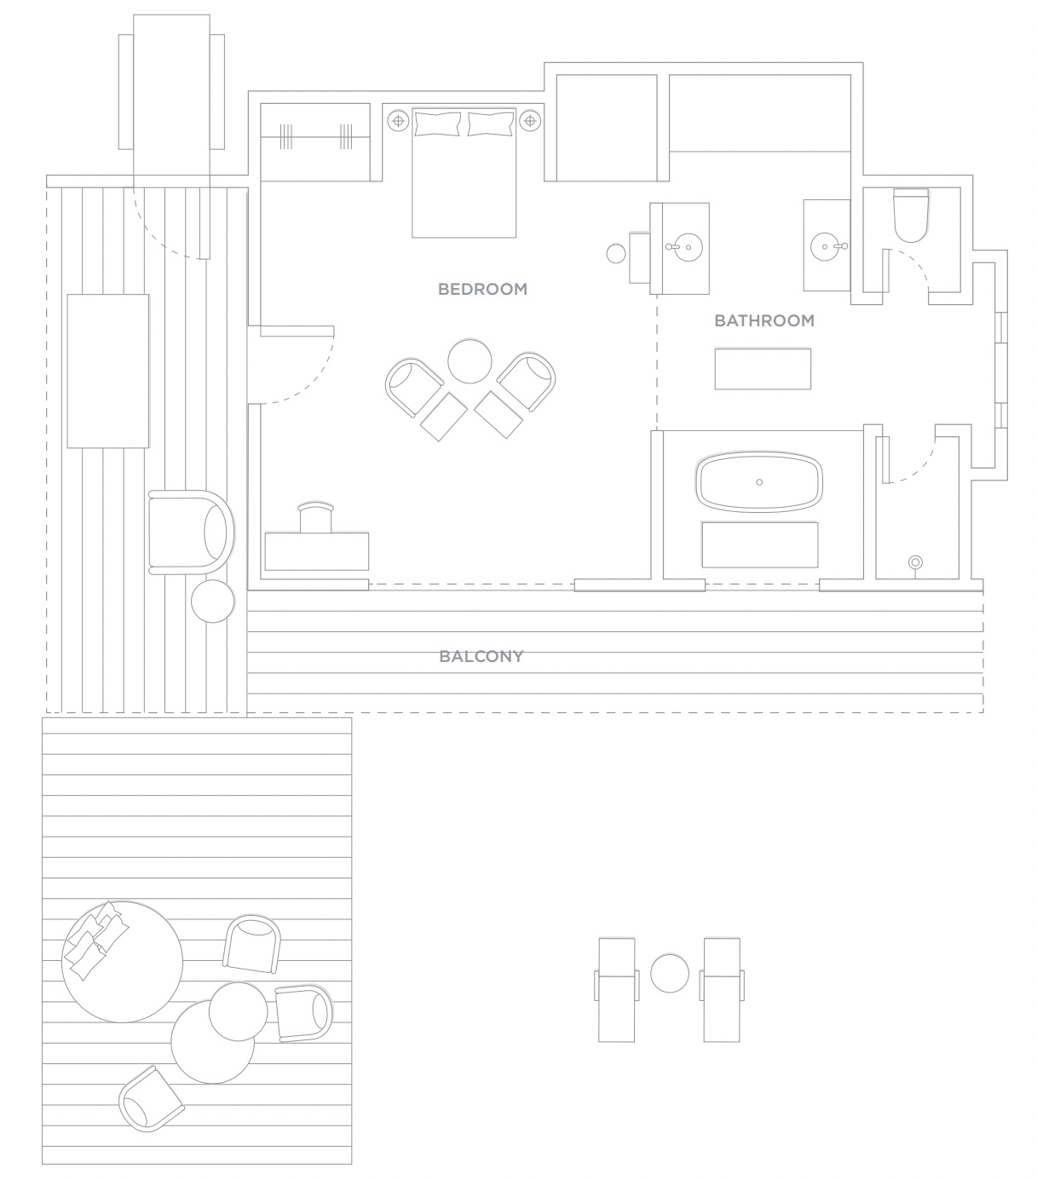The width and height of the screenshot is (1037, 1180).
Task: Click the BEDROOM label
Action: pyautogui.click(x=482, y=289)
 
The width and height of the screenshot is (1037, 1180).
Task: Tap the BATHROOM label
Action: pyautogui.click(x=763, y=320)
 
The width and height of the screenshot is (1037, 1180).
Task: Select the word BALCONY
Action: pyautogui.click(x=481, y=656)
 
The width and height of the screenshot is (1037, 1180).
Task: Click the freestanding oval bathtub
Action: pyautogui.click(x=758, y=481)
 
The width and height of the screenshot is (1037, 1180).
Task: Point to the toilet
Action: pyautogui.click(x=910, y=215)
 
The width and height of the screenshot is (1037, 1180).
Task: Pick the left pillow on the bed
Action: pyautogui.click(x=437, y=124)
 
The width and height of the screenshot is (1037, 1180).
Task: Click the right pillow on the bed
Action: pyautogui.click(x=491, y=124)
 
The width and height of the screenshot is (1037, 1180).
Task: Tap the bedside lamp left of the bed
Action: pyautogui.click(x=398, y=121)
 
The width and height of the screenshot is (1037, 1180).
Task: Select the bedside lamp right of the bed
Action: pyautogui.click(x=530, y=121)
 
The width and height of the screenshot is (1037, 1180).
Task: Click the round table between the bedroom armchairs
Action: pyautogui.click(x=470, y=361)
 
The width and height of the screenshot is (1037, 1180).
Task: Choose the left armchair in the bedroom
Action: pyautogui.click(x=413, y=388)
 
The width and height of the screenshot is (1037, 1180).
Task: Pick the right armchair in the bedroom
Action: pyautogui.click(x=526, y=382)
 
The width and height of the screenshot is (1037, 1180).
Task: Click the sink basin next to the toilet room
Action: pyautogui.click(x=825, y=246)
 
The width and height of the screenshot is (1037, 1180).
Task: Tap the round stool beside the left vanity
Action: pyautogui.click(x=616, y=253)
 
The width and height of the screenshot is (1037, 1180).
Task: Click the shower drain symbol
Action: pyautogui.click(x=915, y=562)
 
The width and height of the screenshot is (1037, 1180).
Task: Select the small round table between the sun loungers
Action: pyautogui.click(x=670, y=973)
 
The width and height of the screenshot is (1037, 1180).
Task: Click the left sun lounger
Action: pyautogui.click(x=616, y=989)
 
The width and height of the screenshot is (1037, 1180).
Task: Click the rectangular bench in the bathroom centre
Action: pyautogui.click(x=763, y=369)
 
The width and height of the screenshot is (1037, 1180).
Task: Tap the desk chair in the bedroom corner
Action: pyautogui.click(x=316, y=517)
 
